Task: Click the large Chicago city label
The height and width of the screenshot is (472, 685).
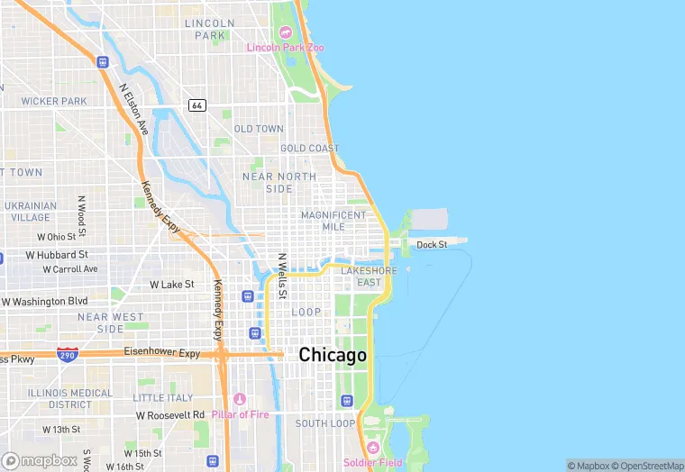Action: point(333,355)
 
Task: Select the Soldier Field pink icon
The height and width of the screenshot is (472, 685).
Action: point(372,448)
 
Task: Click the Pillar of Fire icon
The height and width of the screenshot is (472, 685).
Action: point(239,399)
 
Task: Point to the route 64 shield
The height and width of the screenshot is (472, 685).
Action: point(196,105)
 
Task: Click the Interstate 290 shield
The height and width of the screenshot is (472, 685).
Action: point(68,354)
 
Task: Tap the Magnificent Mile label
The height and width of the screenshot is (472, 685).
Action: point(333,221)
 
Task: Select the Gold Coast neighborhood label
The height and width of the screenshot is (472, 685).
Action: point(309,148)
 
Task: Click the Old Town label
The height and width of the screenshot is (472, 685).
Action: point(259,129)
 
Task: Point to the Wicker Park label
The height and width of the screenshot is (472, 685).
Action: point(53,101)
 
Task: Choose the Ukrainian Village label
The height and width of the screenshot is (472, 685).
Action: point(30,212)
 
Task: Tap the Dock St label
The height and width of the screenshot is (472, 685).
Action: point(432,244)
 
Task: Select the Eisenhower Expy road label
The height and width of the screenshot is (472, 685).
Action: point(161,352)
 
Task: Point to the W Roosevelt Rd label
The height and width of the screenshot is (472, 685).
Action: point(172,415)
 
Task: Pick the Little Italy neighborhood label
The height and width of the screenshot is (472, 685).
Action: point(162,397)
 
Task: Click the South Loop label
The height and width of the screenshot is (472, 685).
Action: point(324,422)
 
